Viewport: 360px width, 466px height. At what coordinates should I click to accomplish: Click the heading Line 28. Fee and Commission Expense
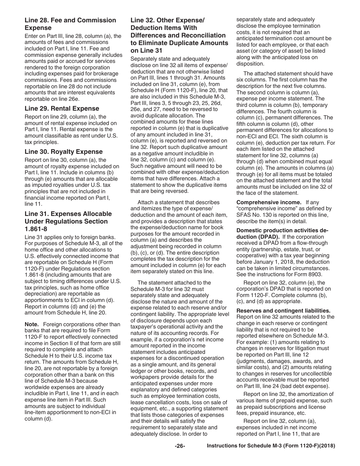pyautogui.click(x=70, y=24)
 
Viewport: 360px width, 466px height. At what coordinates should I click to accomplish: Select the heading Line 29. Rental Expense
pyautogui.click(x=61, y=108)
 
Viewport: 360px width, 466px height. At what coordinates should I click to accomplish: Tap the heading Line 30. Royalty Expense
pyautogui.click(x=63, y=152)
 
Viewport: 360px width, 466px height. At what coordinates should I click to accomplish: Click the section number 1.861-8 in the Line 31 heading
pyautogui.click(x=38, y=229)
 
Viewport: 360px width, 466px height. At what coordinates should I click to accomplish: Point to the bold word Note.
pyautogui.click(x=31, y=324)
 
